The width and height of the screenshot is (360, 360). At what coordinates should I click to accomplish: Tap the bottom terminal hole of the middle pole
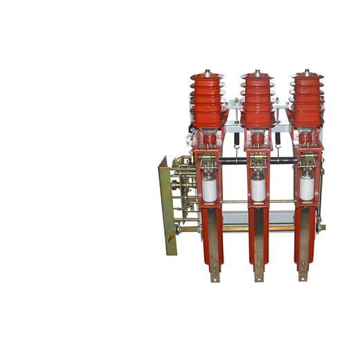pos(258,265)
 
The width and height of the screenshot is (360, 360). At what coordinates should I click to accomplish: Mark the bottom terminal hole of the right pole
pos(303,265)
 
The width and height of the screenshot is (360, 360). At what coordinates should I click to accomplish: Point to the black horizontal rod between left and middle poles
pos(233,166)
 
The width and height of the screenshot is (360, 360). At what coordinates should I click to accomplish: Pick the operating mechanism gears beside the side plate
pos(184,187)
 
